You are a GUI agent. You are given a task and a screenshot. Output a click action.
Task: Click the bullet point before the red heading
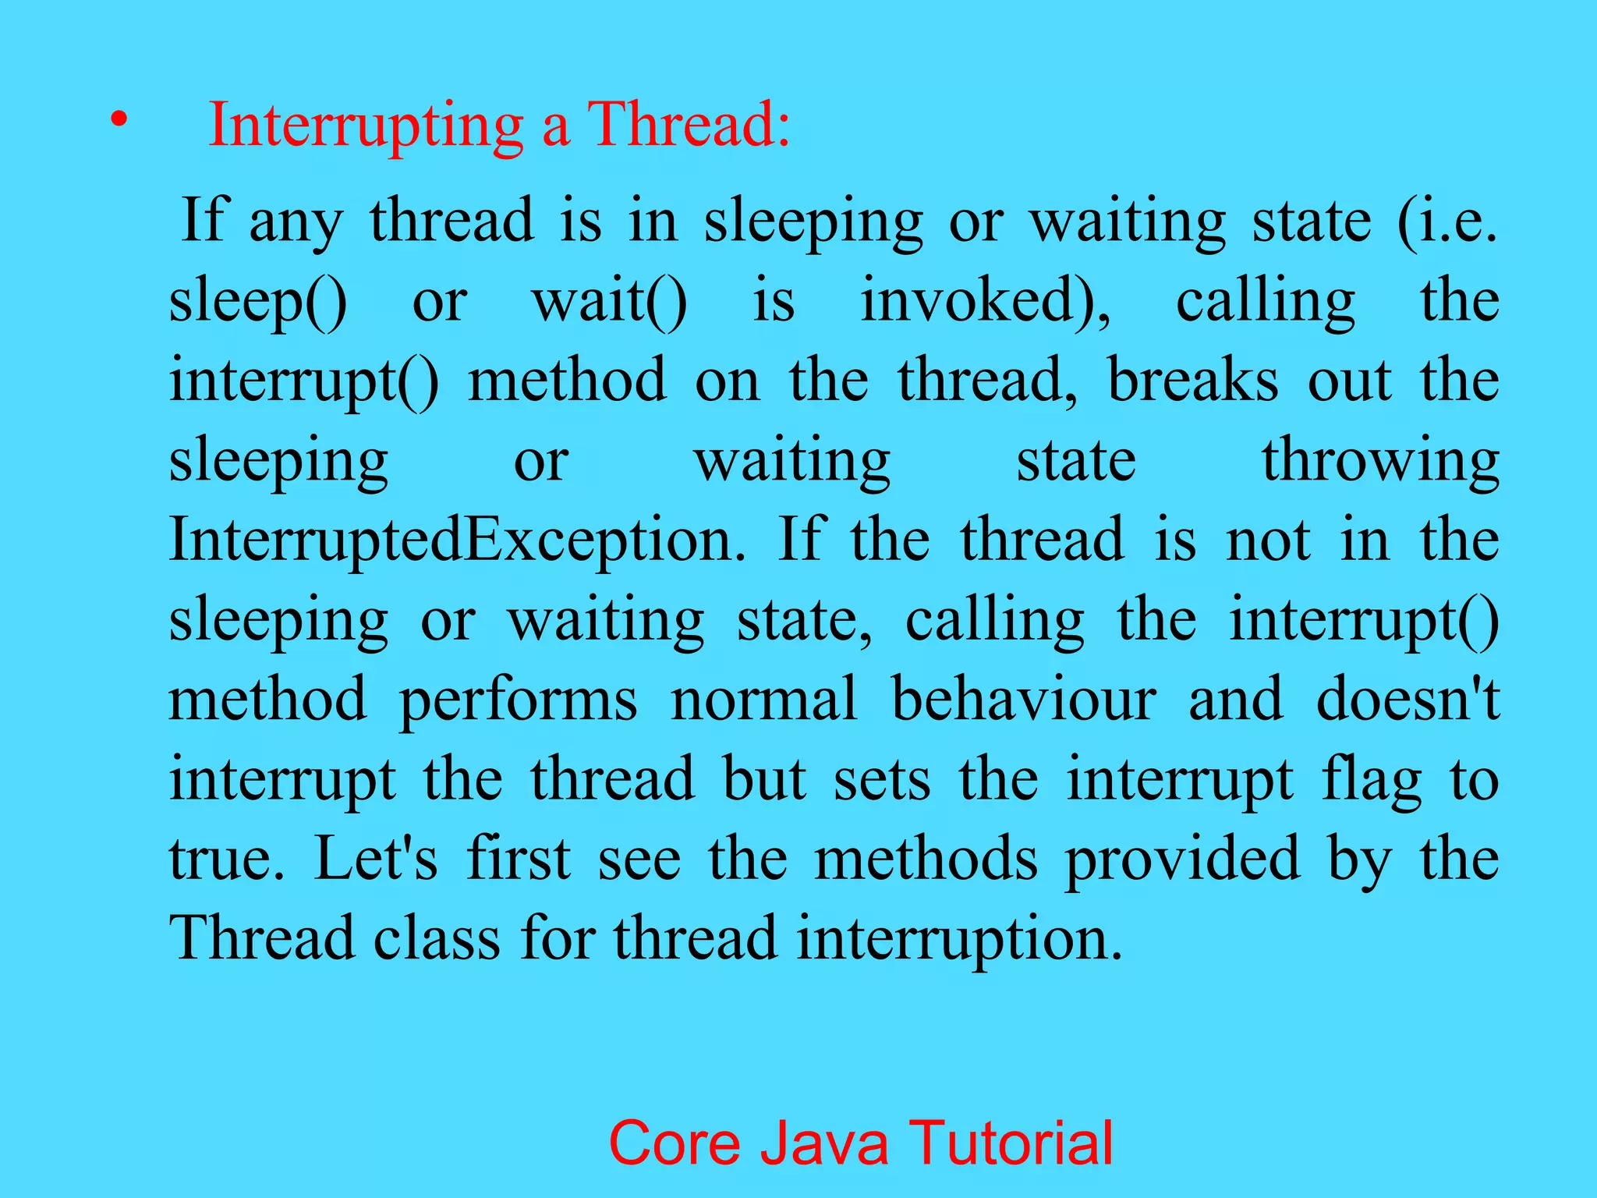click(x=118, y=120)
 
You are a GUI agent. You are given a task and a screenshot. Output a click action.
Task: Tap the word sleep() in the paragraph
click(x=258, y=302)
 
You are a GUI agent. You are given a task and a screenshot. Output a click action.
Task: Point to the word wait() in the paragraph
click(x=610, y=302)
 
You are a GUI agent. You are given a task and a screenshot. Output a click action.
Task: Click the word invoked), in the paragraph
click(x=986, y=302)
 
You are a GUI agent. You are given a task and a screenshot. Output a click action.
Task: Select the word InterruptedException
click(x=457, y=540)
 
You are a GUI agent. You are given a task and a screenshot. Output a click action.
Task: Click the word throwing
click(x=1380, y=462)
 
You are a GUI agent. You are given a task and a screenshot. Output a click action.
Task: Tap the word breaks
click(x=1193, y=381)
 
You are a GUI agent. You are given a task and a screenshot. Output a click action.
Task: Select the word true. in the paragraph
click(x=227, y=858)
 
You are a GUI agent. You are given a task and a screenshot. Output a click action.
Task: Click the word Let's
click(x=376, y=858)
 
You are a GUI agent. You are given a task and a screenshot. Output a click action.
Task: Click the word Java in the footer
click(x=824, y=1143)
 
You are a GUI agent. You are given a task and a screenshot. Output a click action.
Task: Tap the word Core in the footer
click(x=675, y=1143)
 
